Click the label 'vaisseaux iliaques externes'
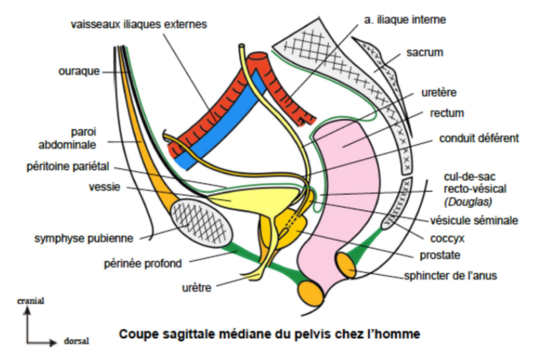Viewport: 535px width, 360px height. (139, 24)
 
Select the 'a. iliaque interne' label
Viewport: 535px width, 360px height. (405, 20)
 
